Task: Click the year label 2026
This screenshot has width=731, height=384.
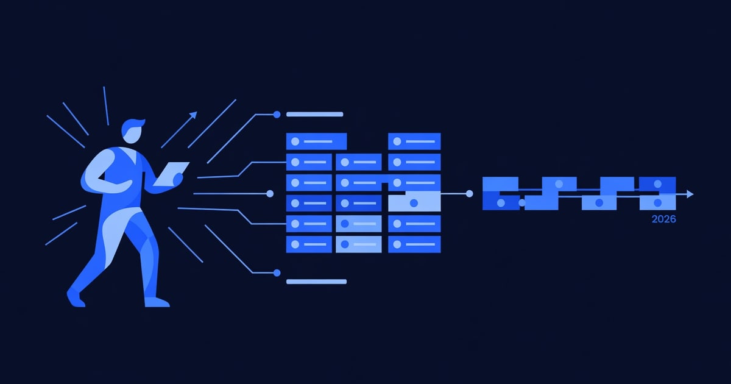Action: click(x=663, y=219)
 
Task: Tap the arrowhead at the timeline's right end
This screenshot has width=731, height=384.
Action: click(x=690, y=194)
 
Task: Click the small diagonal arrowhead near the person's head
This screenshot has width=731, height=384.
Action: click(x=194, y=115)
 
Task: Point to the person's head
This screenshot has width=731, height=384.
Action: click(x=133, y=131)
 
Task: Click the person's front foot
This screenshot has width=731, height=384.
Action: click(x=157, y=302)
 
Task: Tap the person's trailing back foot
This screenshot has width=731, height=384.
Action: click(x=76, y=298)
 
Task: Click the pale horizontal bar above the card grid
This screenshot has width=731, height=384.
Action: click(x=314, y=115)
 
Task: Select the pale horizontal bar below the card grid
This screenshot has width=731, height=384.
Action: click(x=316, y=282)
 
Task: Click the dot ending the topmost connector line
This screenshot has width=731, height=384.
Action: click(x=277, y=115)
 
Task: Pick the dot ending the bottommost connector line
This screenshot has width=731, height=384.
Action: click(x=277, y=272)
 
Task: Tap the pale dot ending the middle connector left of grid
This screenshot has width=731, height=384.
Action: click(x=270, y=194)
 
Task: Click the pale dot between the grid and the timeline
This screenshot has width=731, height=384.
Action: click(x=469, y=194)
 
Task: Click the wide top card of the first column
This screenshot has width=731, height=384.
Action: click(x=316, y=141)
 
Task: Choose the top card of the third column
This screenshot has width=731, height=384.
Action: click(x=414, y=141)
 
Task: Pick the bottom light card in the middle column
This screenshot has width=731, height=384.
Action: click(x=359, y=244)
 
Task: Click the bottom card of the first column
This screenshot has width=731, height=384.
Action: click(x=309, y=244)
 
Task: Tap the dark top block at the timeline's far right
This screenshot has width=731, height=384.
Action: click(x=657, y=184)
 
